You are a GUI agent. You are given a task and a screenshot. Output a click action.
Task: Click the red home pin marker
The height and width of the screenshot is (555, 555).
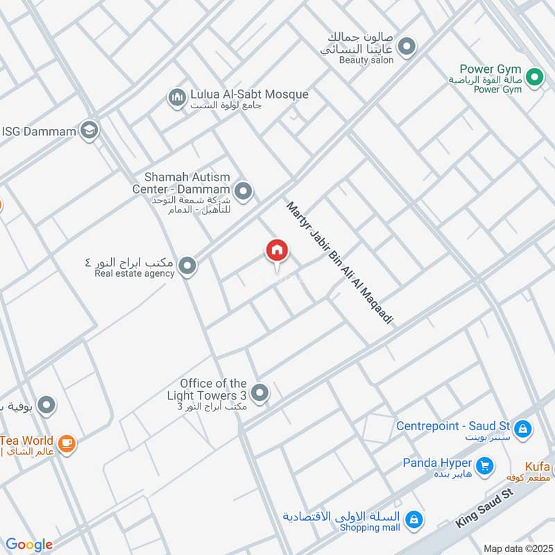[276, 251]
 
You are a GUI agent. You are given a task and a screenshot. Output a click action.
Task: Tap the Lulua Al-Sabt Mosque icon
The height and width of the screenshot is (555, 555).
[177, 97]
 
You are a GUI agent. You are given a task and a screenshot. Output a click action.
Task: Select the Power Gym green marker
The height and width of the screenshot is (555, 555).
[533, 78]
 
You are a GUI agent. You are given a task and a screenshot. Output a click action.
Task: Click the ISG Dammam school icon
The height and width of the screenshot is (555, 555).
[89, 130]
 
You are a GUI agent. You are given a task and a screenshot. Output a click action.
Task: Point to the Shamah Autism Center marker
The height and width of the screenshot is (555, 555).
[243, 189]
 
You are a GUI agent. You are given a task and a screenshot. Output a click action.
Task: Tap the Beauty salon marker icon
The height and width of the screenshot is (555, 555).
[407, 47]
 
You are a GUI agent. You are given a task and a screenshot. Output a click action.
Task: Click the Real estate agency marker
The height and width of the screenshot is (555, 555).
[187, 266]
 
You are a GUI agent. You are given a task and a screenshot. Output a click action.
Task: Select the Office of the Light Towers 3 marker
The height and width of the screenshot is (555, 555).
[260, 394]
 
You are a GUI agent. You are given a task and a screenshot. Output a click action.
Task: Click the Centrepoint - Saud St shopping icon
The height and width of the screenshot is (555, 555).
[523, 428]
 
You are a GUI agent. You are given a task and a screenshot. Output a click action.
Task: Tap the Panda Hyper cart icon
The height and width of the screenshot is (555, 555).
[485, 465]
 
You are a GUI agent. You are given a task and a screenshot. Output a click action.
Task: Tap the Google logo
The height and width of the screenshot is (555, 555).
[29, 545]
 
